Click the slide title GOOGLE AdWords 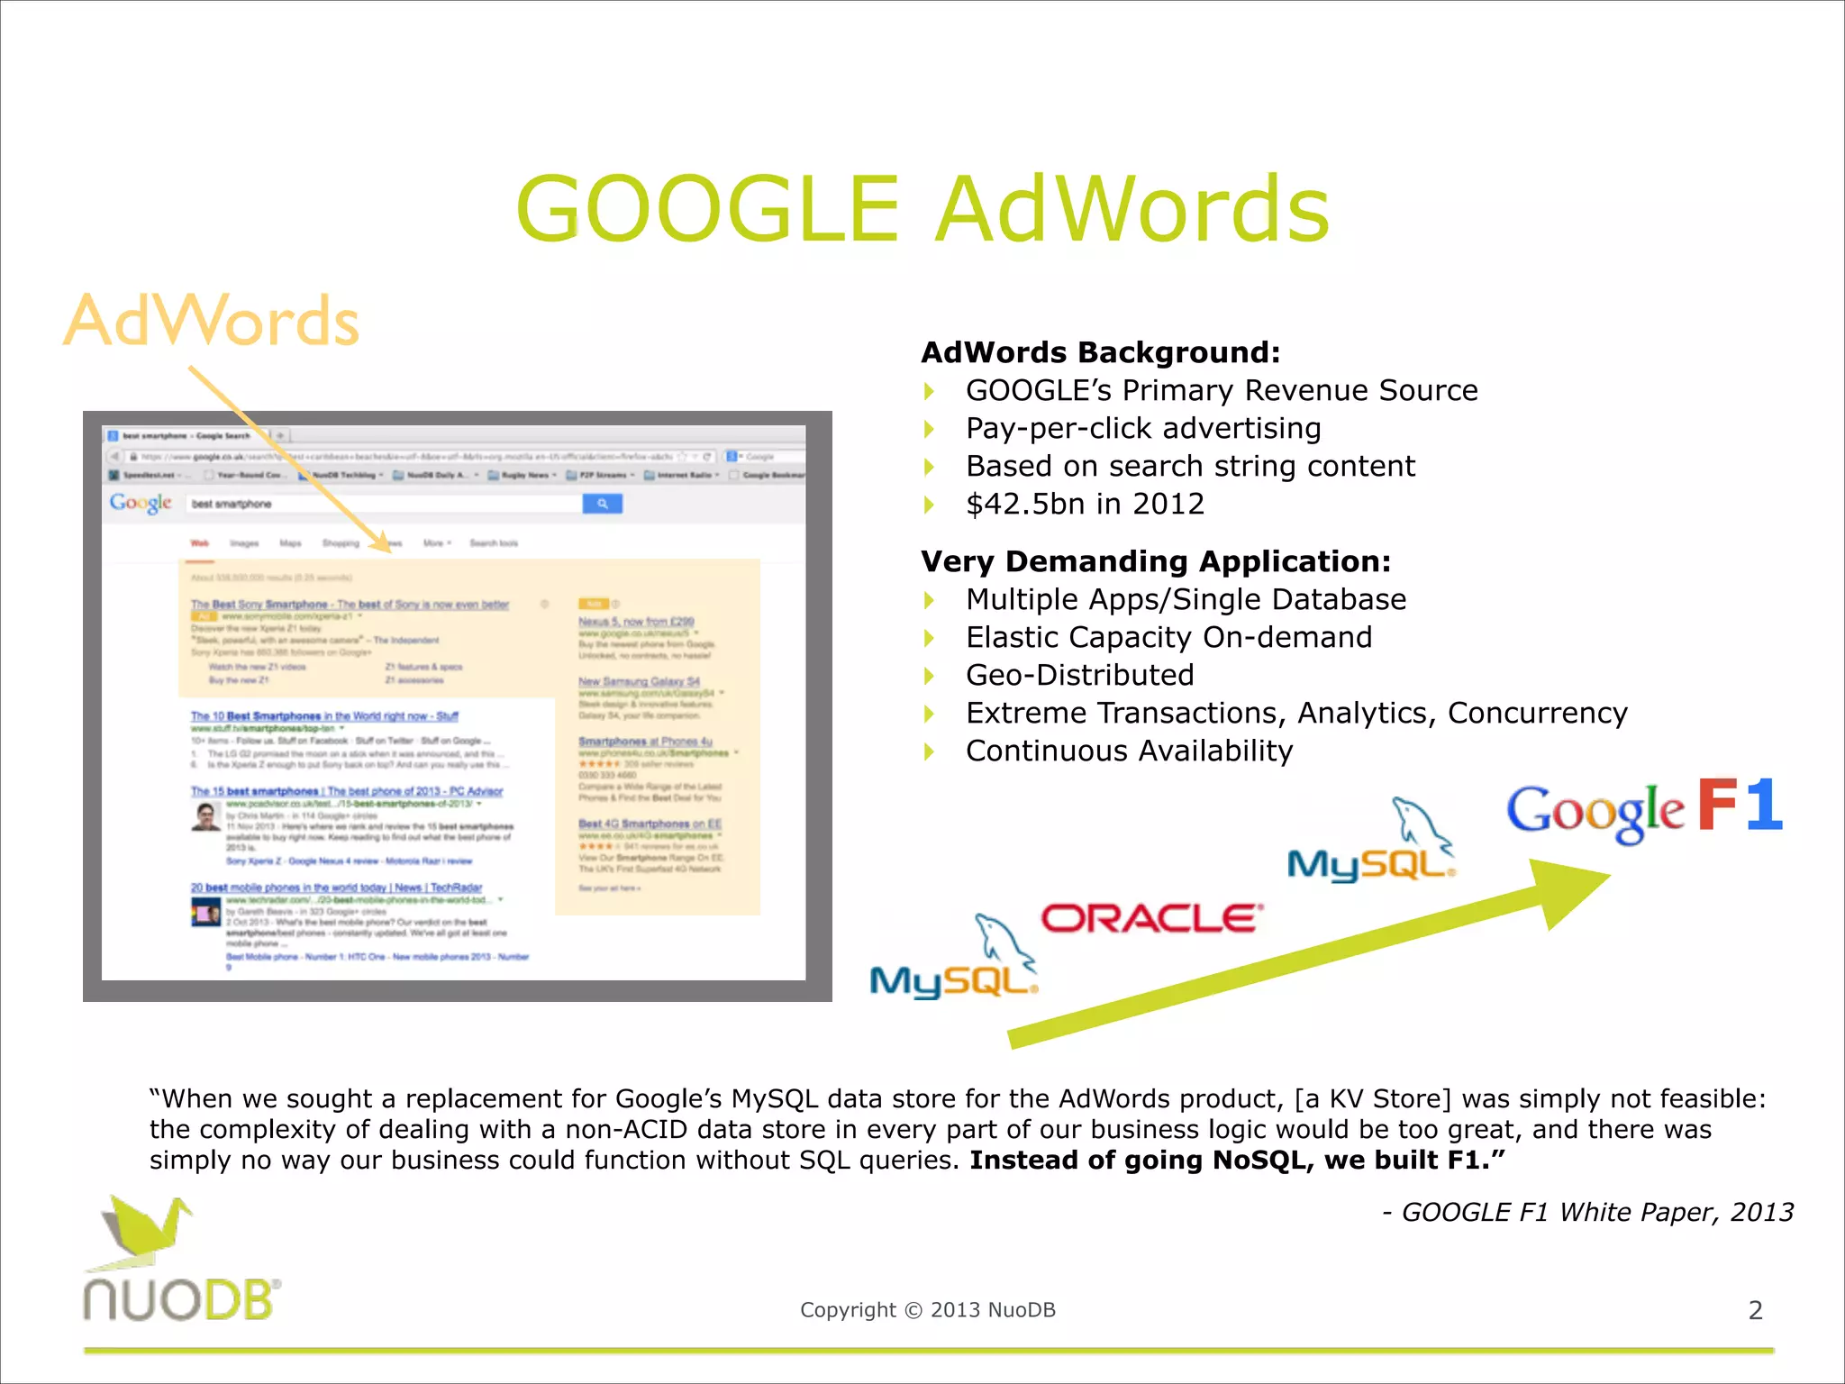point(922,209)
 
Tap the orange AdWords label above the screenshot point(213,321)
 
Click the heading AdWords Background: point(1100,352)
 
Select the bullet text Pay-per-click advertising point(1143,428)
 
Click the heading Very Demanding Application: point(1156,561)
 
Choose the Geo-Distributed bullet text point(1080,675)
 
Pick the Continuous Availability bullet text point(1129,751)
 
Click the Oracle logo point(1151,918)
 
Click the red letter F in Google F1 point(1717,805)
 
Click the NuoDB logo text point(181,1301)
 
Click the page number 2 point(1755,1310)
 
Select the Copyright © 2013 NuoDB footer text point(927,1310)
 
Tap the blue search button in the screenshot point(602,504)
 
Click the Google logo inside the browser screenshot point(141,503)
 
